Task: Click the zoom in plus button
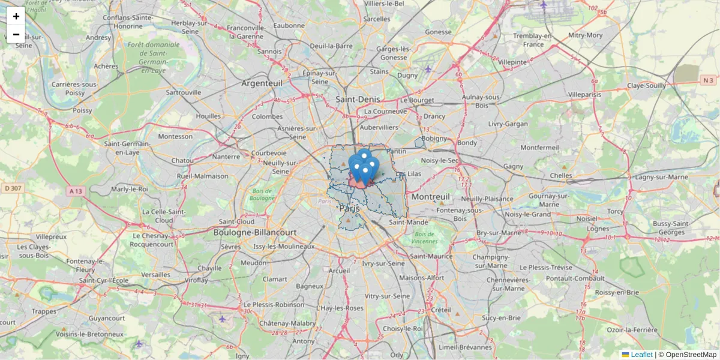coord(16,16)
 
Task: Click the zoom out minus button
coord(16,34)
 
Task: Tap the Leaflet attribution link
coord(641,355)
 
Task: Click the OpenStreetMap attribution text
coord(691,355)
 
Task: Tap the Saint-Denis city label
coord(356,99)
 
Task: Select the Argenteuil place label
coord(262,83)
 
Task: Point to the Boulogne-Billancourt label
coord(263,232)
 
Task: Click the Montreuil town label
coord(431,197)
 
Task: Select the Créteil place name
coord(441,310)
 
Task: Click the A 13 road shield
coord(76,191)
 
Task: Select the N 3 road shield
coord(708,80)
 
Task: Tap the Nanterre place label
coord(226,157)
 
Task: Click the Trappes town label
coord(44,311)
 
